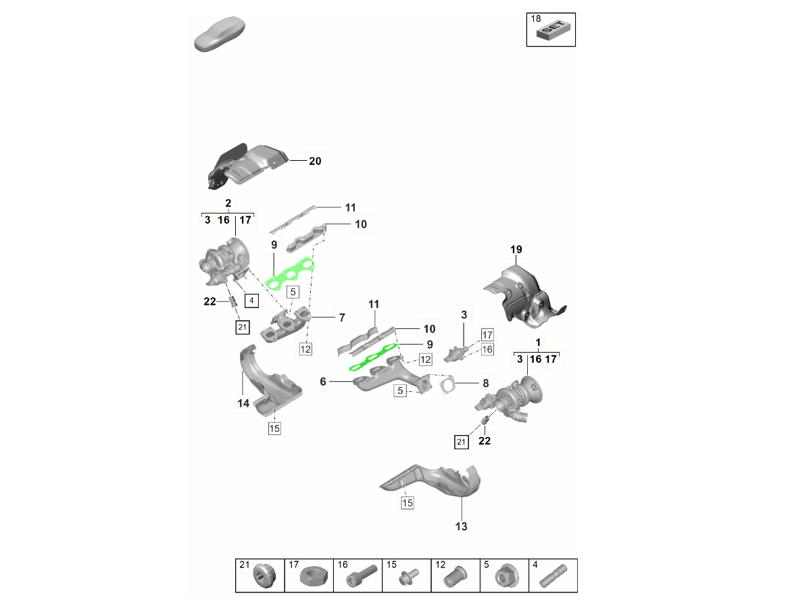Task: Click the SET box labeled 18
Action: (551, 30)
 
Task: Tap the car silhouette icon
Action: (220, 34)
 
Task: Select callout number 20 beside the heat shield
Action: (315, 161)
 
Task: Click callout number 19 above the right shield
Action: (516, 249)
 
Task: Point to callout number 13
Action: (461, 526)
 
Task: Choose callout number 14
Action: (243, 403)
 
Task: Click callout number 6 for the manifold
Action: (323, 381)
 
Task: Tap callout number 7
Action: (342, 318)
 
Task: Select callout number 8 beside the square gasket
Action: (485, 383)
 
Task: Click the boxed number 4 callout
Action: (251, 301)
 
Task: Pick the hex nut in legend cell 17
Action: (314, 576)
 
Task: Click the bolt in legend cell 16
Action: (362, 576)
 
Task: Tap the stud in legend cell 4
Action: (553, 576)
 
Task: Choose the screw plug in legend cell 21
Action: (264, 576)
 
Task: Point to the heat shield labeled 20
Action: (247, 166)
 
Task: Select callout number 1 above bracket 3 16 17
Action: (538, 343)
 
